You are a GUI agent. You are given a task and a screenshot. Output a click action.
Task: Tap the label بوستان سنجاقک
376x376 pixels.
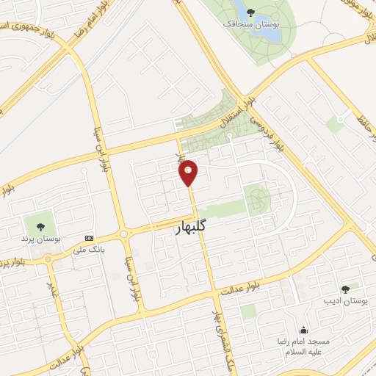pyautogui.click(x=250, y=24)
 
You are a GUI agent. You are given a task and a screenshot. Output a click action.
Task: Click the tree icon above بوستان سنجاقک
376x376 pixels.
pyautogui.click(x=251, y=12)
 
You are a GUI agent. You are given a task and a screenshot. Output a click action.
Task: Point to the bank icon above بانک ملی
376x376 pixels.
pyautogui.click(x=89, y=238)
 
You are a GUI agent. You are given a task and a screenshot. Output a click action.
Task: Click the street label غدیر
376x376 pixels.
pyautogui.click(x=54, y=283)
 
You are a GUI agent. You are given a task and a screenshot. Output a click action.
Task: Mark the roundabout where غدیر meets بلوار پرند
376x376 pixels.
pyautogui.click(x=48, y=258)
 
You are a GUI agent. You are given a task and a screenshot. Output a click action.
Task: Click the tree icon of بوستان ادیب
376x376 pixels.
pyautogui.click(x=345, y=289)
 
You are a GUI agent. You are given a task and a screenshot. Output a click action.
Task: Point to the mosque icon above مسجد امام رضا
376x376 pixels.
pyautogui.click(x=304, y=330)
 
